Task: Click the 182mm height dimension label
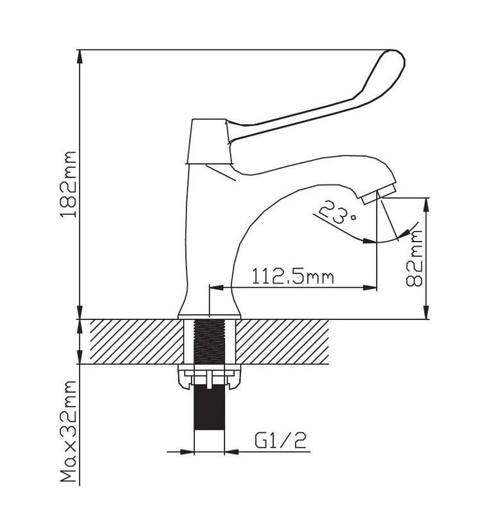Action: point(69,184)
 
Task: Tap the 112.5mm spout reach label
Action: point(292,276)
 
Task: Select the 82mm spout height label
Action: point(414,258)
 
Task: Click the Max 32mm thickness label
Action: point(69,431)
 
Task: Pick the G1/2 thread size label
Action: point(280,440)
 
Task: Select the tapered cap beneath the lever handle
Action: point(209,141)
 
